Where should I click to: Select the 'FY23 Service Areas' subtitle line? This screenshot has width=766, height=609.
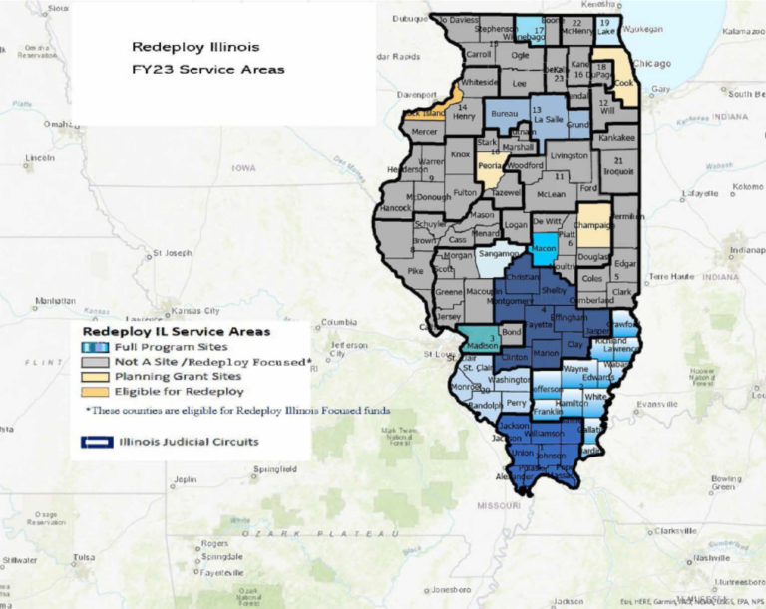click(208, 70)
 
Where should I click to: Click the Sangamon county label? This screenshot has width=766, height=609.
click(494, 255)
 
